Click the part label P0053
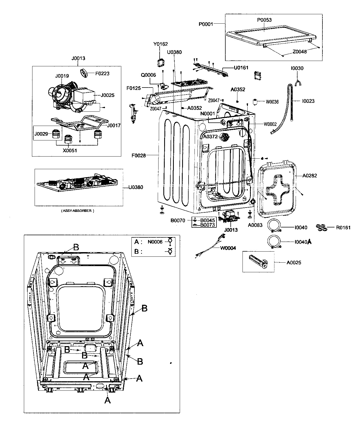click(x=264, y=20)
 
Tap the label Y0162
click(x=160, y=44)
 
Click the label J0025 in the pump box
click(x=108, y=95)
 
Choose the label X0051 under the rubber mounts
click(x=70, y=150)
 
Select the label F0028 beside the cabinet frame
click(x=139, y=155)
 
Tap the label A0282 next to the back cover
click(x=310, y=176)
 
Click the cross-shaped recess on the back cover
click(x=278, y=190)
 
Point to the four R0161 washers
click(x=321, y=228)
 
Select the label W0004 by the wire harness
click(x=228, y=248)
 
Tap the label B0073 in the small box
click(x=208, y=225)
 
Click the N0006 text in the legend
click(x=155, y=242)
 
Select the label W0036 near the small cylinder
click(x=272, y=102)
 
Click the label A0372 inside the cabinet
click(x=210, y=136)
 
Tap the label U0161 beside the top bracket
click(x=241, y=68)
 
